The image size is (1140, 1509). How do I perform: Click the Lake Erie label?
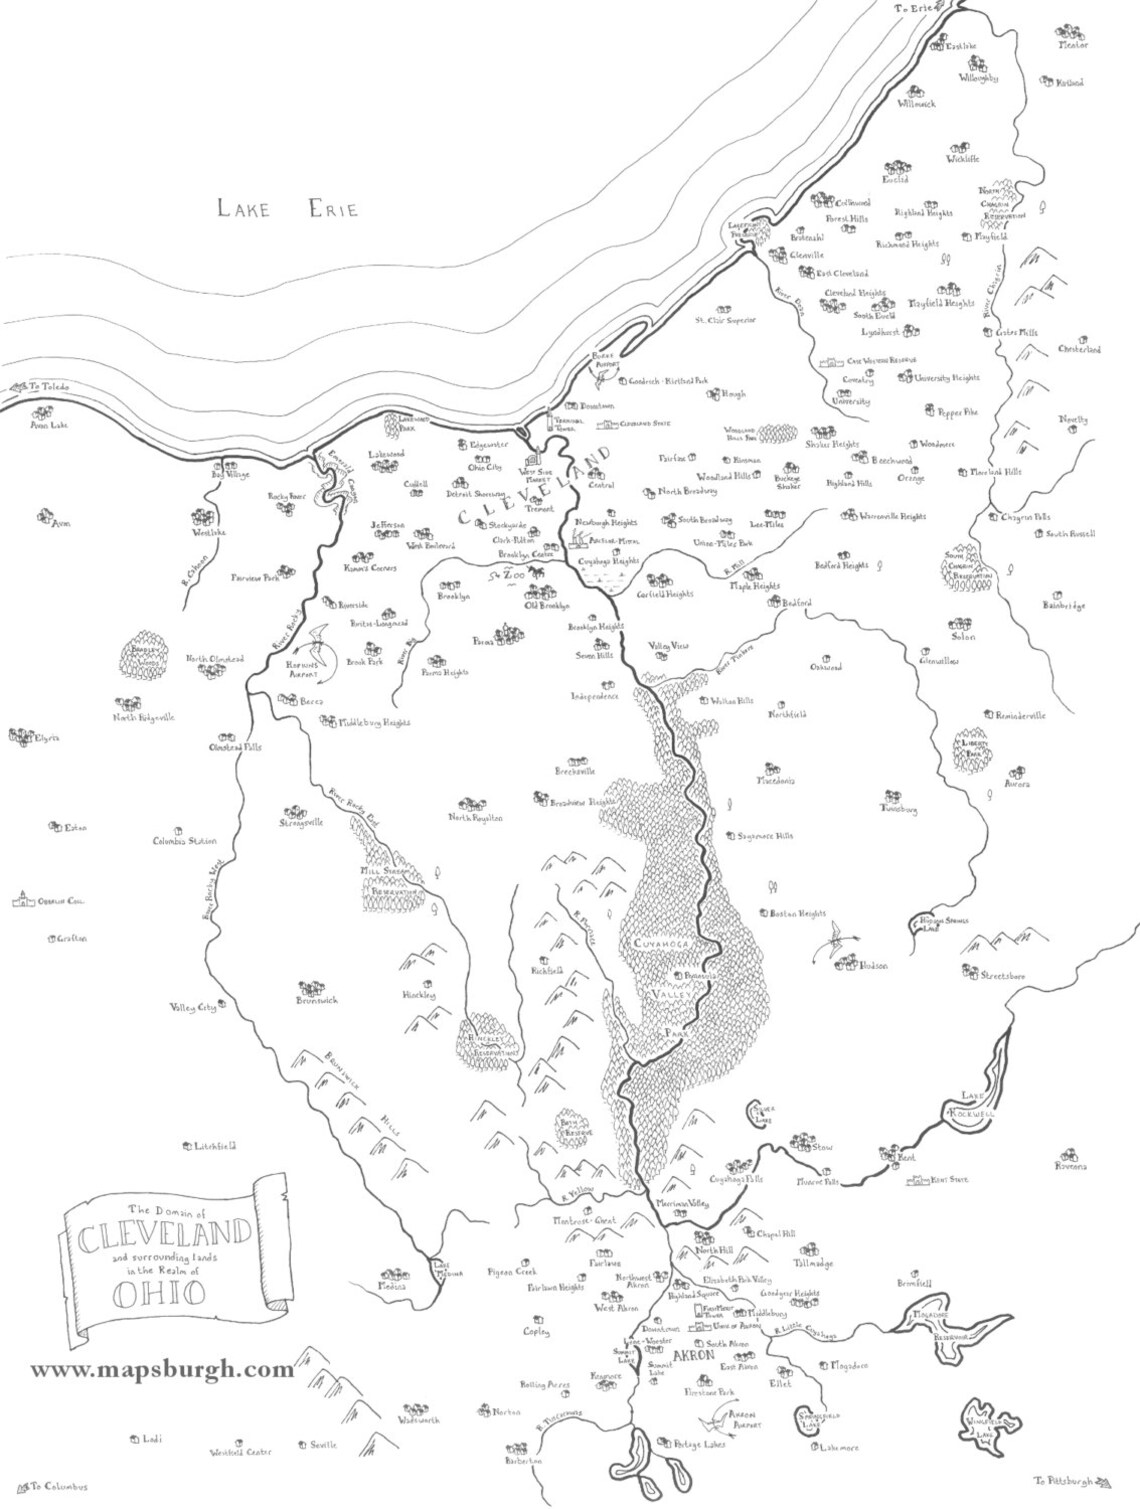click(x=287, y=208)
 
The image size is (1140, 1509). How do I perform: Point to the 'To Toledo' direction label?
click(x=51, y=386)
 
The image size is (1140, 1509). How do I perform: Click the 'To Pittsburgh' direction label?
click(x=1063, y=1479)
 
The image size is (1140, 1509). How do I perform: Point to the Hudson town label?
click(x=873, y=966)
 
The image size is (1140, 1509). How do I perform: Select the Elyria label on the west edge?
click(x=47, y=739)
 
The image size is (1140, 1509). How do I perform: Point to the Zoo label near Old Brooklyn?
click(x=512, y=577)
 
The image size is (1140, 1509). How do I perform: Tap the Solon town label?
click(x=963, y=636)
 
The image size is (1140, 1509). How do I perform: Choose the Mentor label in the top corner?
click(x=1073, y=45)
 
